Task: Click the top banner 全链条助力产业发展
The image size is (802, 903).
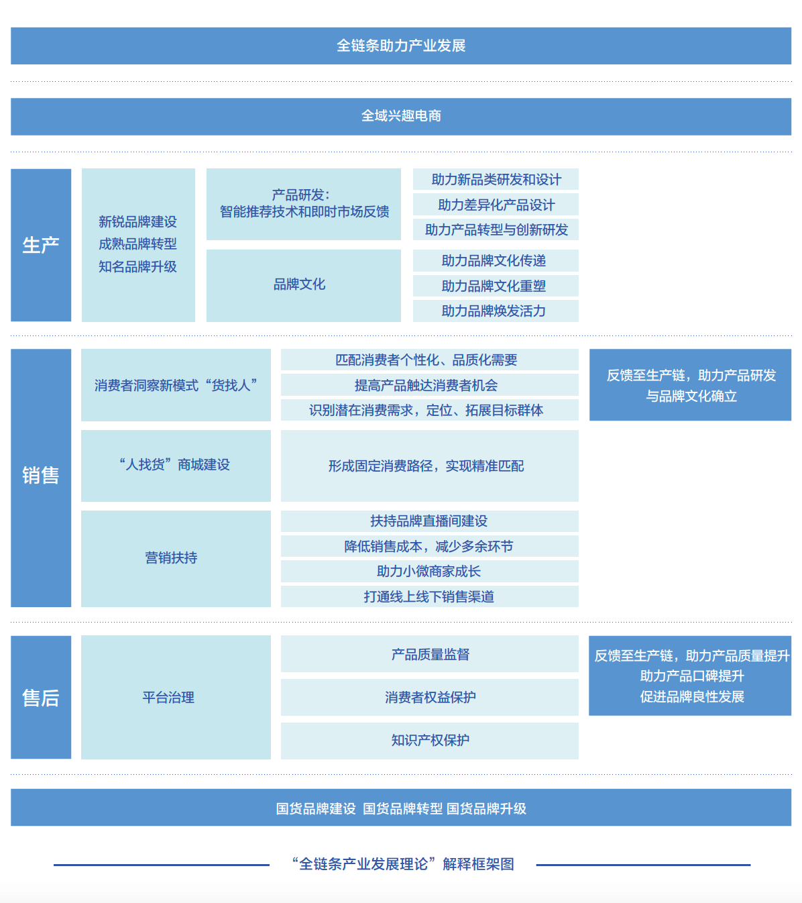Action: click(x=401, y=46)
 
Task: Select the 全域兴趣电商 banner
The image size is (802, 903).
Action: click(x=401, y=116)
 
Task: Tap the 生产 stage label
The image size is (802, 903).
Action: click(x=41, y=245)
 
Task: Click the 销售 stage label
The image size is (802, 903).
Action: click(x=41, y=476)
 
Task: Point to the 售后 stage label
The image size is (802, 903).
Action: click(x=41, y=698)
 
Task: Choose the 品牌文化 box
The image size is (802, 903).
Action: click(x=303, y=285)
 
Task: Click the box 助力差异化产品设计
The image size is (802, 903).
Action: click(x=496, y=205)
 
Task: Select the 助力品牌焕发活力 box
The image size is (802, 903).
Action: click(x=496, y=311)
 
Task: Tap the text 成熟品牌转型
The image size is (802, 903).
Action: click(x=137, y=244)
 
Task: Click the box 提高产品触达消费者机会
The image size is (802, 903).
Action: click(x=429, y=385)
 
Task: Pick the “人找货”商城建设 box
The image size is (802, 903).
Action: click(x=176, y=465)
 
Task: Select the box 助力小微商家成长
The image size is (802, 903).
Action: click(x=429, y=571)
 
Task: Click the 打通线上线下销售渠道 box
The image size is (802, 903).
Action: click(x=429, y=596)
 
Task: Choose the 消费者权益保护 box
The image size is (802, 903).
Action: click(x=429, y=697)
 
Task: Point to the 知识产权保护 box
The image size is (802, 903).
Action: click(x=429, y=740)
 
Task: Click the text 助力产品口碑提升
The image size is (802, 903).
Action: click(x=691, y=676)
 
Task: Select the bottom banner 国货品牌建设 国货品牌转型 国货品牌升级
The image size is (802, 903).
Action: click(x=401, y=808)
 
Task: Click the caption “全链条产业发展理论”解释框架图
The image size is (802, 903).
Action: click(x=402, y=864)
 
